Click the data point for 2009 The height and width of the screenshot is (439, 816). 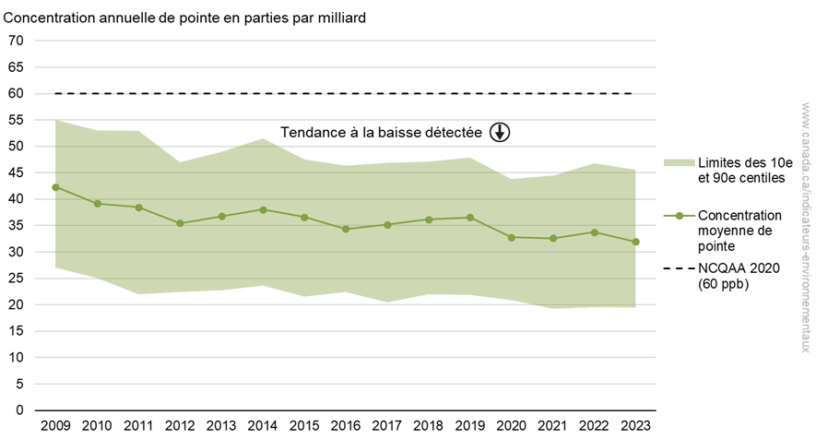click(x=55, y=187)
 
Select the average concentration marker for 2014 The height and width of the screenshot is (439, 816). click(x=263, y=209)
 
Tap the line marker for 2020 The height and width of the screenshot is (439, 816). click(x=511, y=237)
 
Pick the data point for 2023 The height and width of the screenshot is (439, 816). click(x=635, y=242)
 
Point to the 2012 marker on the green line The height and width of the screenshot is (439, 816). click(x=180, y=223)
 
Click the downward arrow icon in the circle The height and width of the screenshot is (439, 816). click(x=499, y=132)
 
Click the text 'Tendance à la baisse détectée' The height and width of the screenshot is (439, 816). click(x=381, y=132)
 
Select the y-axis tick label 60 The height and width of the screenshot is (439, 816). click(x=16, y=93)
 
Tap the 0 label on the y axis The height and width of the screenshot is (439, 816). click(x=19, y=409)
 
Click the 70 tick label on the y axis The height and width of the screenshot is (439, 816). click(x=16, y=41)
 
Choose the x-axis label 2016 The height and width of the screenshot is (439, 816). click(x=346, y=425)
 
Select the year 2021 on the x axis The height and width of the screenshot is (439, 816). click(x=552, y=425)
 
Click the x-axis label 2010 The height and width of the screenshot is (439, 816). click(x=97, y=425)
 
